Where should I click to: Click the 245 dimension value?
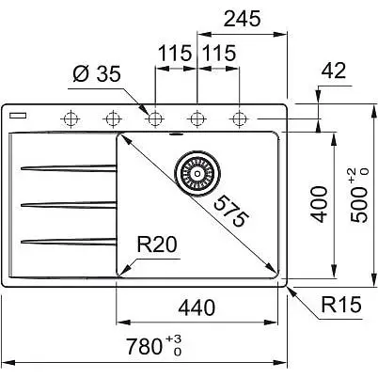[242, 19]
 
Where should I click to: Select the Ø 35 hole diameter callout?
[97, 74]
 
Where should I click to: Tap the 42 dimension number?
[334, 71]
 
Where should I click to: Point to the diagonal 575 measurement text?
[231, 211]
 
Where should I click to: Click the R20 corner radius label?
[157, 244]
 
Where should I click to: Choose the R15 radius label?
[341, 304]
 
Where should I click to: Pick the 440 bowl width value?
[197, 307]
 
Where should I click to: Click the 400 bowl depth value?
[320, 204]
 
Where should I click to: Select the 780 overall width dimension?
[154, 345]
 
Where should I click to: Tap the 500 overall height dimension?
[359, 196]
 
